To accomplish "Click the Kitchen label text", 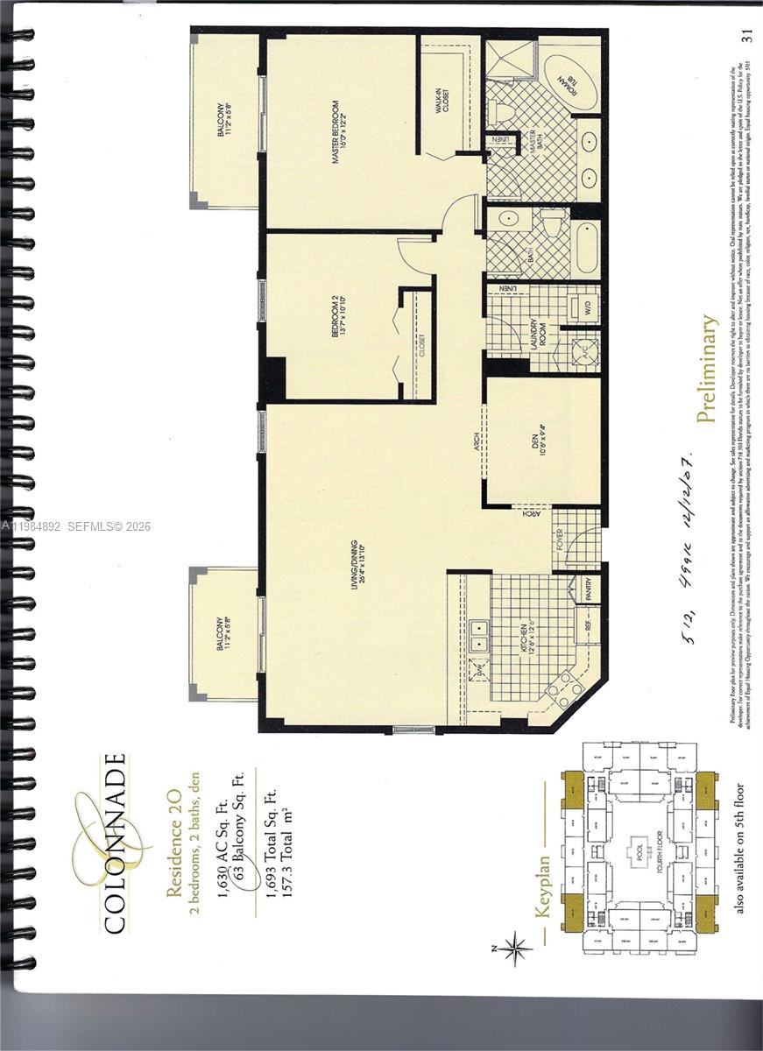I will coord(523,641).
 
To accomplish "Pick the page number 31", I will coord(746,36).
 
